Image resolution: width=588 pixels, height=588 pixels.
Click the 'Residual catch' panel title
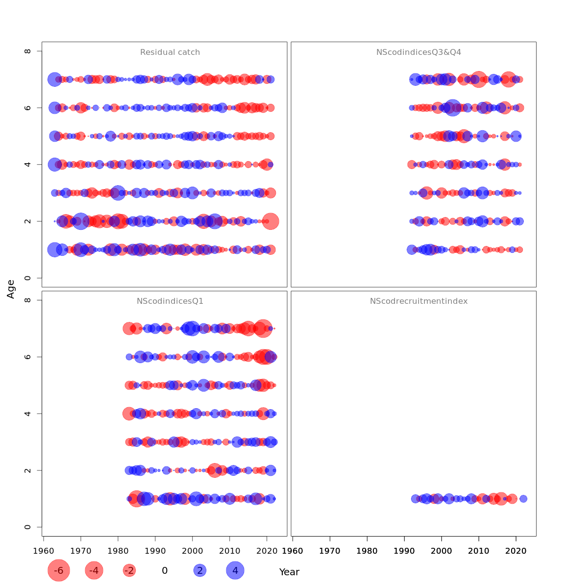tap(170, 52)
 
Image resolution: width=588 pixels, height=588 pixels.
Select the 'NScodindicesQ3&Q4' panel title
tap(418, 52)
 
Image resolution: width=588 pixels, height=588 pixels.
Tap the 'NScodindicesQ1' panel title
tap(170, 301)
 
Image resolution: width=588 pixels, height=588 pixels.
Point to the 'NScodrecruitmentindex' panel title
tap(418, 301)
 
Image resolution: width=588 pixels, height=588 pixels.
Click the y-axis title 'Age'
tap(11, 289)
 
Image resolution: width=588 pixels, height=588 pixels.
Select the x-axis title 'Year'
tap(289, 572)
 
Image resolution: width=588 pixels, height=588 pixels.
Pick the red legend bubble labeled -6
tap(59, 570)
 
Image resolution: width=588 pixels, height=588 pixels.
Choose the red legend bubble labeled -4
tap(94, 570)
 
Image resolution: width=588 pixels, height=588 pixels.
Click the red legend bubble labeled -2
tap(129, 570)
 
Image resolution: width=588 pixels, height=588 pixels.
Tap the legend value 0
tap(165, 570)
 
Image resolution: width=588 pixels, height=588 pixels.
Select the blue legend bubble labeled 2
tap(199, 570)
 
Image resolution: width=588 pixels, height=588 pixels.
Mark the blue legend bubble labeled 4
tap(235, 570)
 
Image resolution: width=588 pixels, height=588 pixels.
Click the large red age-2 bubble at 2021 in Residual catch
tap(270, 221)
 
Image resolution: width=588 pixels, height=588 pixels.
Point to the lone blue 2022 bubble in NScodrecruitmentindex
tap(523, 499)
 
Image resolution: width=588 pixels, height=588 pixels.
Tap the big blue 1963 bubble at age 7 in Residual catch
tap(54, 79)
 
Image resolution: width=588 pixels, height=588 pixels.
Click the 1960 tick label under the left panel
tap(44, 551)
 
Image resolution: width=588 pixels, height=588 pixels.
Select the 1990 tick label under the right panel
tap(404, 551)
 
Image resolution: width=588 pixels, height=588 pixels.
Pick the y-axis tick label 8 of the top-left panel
tap(28, 51)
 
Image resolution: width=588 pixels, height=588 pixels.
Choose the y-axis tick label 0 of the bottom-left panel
tap(28, 527)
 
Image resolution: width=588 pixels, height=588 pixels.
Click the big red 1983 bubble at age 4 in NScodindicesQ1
tap(129, 414)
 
